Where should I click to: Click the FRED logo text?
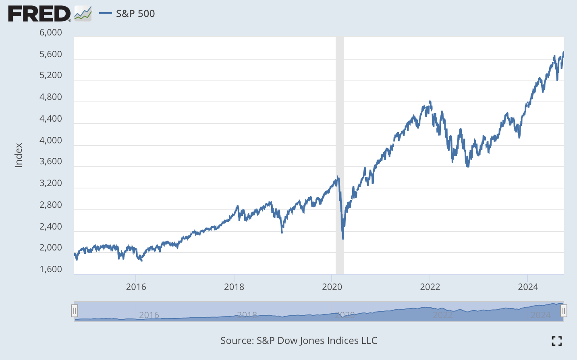(x=39, y=14)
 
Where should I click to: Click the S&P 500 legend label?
(x=135, y=14)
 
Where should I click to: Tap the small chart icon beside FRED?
(x=83, y=14)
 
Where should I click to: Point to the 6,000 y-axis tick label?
(x=51, y=32)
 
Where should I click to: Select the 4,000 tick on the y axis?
(x=51, y=140)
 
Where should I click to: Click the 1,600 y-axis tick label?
(x=51, y=269)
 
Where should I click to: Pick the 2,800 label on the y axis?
(x=51, y=205)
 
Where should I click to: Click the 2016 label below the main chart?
(x=136, y=287)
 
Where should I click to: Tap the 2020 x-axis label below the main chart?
(x=332, y=287)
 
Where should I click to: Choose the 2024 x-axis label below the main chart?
(x=528, y=287)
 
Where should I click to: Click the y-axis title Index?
(x=19, y=155)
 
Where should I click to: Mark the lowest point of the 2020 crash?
(x=343, y=239)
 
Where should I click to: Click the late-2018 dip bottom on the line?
(x=282, y=232)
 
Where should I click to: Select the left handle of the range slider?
(x=75, y=311)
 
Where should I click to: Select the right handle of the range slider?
(x=564, y=311)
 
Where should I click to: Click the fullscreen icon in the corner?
(x=556, y=341)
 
